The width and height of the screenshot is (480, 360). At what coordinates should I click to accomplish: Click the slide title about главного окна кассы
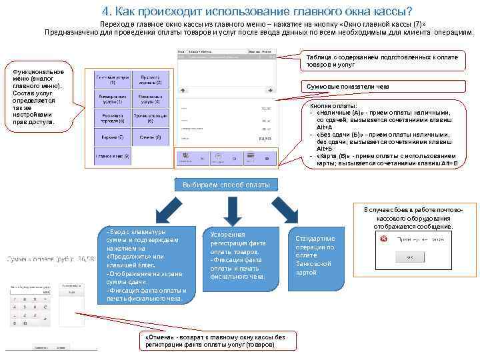click(257, 11)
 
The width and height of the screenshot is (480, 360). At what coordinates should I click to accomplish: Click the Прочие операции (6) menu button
click(149, 119)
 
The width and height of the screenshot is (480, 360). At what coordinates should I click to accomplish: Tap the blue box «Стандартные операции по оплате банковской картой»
click(314, 255)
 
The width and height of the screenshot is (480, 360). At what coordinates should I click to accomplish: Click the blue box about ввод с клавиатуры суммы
click(141, 265)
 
